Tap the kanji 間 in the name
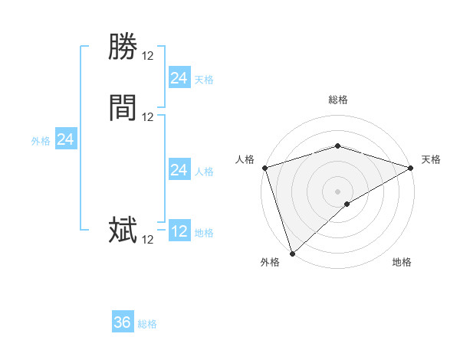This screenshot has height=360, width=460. pos(123,108)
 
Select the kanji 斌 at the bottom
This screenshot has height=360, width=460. pos(123,231)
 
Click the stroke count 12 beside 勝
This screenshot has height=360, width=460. pos(148,56)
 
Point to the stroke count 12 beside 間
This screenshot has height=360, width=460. pos(148,117)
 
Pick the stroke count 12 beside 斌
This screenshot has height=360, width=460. pos(148,240)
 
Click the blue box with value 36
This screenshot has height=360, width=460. pos(123,322)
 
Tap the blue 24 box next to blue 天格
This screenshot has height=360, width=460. pos(179,78)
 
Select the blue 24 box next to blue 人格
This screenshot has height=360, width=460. pos(179,170)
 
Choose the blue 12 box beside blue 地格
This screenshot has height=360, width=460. pos(179,231)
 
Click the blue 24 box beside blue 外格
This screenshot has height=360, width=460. pos(66,139)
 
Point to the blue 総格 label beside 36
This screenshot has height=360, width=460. pos(147,324)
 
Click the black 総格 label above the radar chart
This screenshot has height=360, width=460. pos(338,100)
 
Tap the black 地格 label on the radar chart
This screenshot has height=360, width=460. pos(402,263)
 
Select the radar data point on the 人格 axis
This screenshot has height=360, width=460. pos(264,167)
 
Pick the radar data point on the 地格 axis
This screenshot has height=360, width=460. pos(347,204)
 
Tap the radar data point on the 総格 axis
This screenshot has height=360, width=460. pos(338,146)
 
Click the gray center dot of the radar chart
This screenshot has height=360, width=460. pos(338,191)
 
